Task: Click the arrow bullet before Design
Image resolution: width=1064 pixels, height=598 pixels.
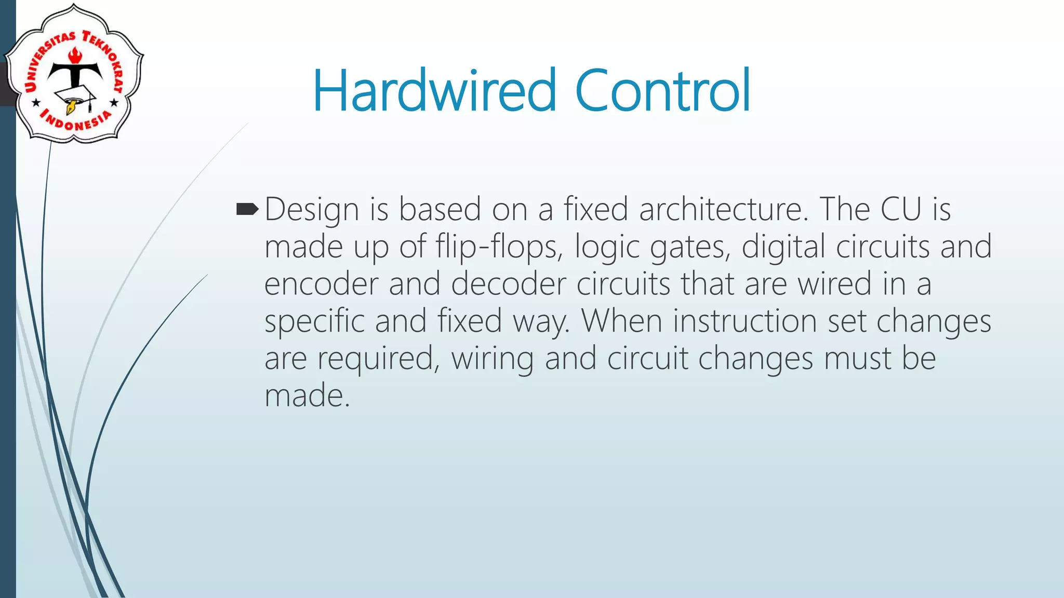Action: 247,209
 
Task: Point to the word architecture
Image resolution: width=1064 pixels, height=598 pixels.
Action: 724,209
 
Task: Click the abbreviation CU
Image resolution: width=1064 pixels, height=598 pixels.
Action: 900,209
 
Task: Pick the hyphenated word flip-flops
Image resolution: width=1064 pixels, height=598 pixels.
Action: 499,247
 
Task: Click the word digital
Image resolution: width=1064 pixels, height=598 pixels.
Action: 783,247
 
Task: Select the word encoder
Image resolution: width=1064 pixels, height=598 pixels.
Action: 321,284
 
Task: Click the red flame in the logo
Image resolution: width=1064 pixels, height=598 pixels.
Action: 76,55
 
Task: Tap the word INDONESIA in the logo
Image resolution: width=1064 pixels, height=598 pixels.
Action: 76,121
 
